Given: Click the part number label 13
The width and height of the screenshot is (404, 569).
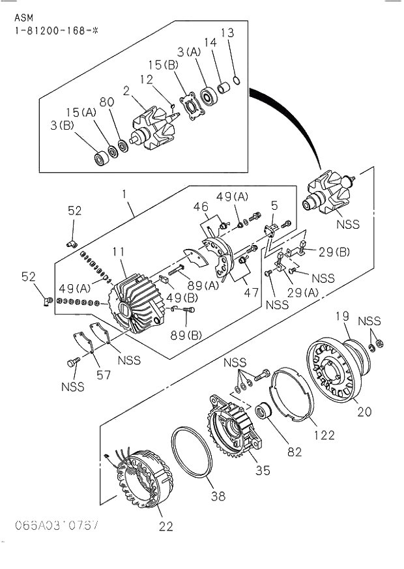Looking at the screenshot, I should (x=226, y=33).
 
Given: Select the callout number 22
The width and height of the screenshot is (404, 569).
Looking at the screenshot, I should (x=166, y=527).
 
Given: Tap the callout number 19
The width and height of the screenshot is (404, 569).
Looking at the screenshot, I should (x=343, y=317).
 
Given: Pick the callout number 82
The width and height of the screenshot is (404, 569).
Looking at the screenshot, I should (x=295, y=452).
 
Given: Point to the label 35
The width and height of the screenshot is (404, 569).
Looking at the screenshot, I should (x=262, y=469).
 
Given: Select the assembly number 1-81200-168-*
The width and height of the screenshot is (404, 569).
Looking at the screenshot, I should (x=53, y=31).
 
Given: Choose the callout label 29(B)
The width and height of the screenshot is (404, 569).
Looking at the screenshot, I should (x=333, y=252).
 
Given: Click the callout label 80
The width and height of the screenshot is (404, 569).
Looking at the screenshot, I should (x=107, y=102).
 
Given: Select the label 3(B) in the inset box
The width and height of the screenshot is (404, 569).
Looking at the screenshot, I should (x=63, y=125).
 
